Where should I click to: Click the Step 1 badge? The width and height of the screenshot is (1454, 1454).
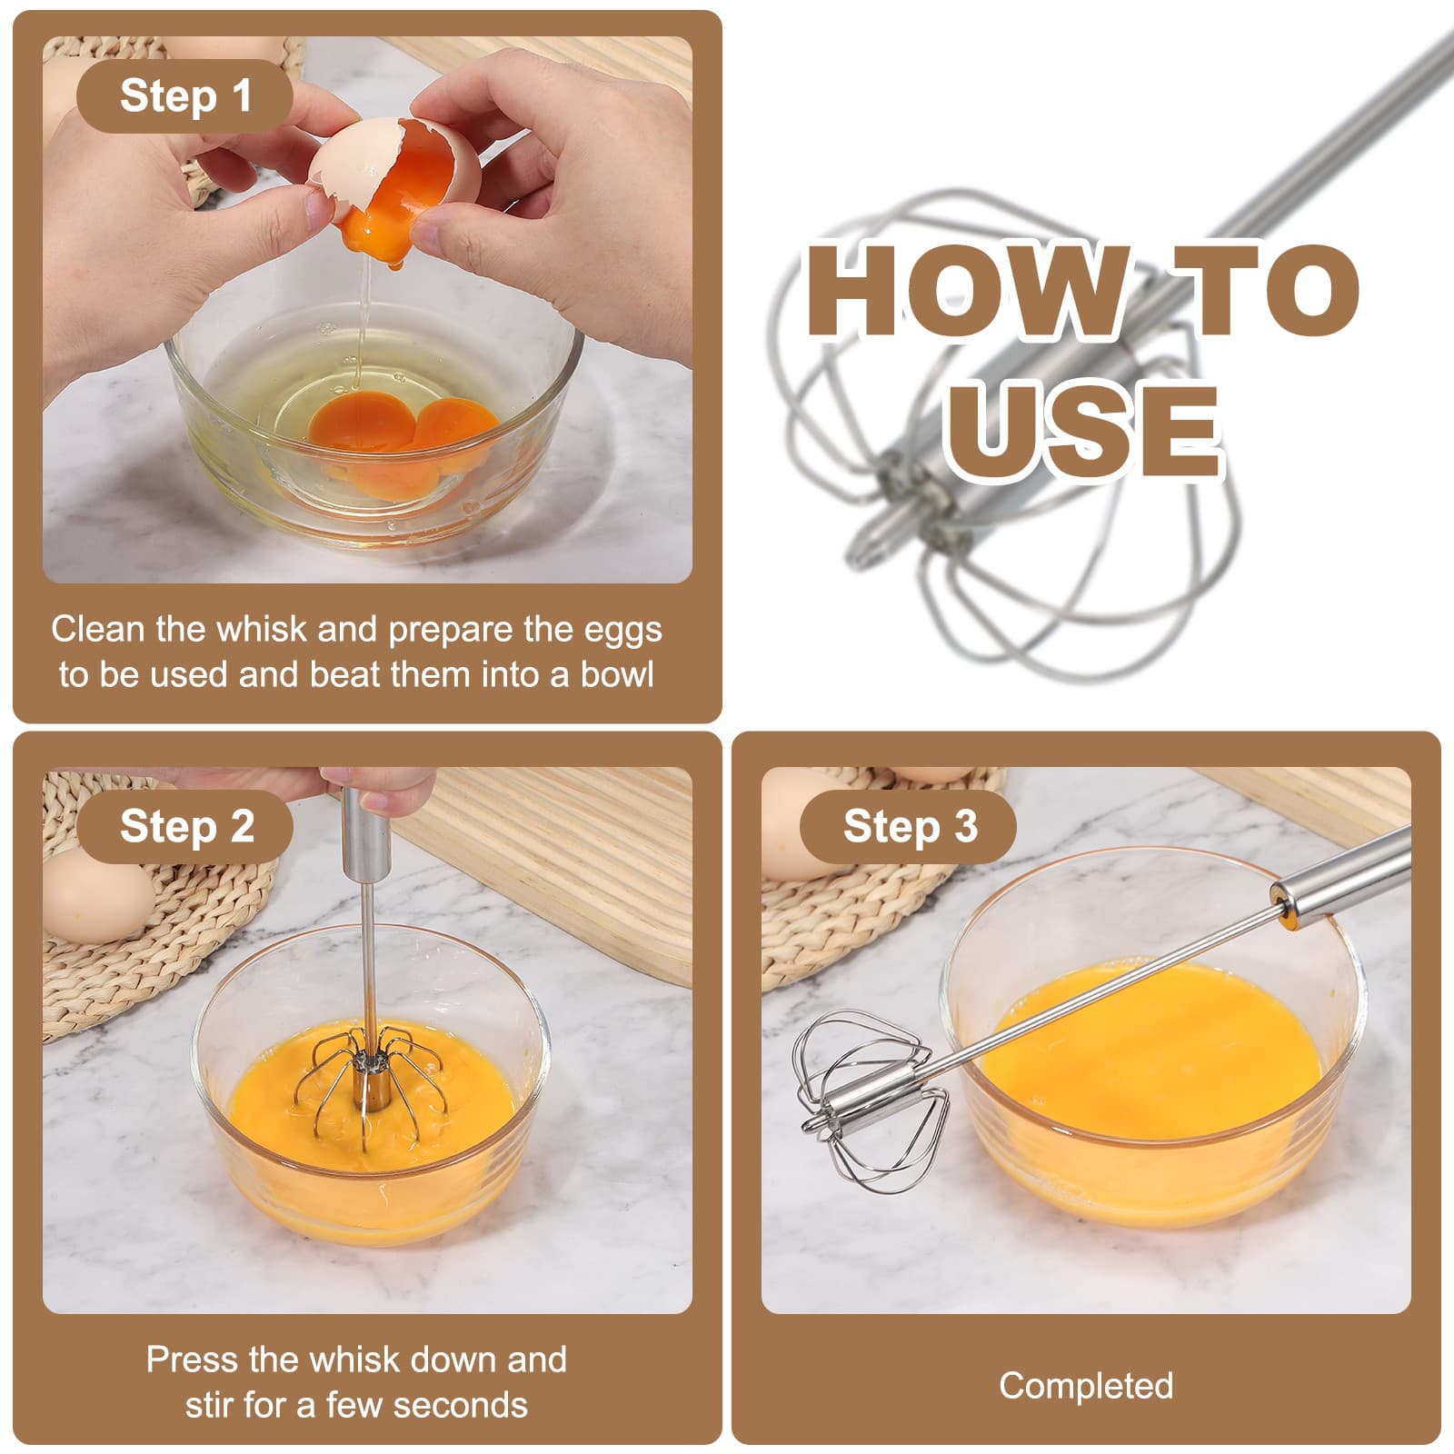point(184,96)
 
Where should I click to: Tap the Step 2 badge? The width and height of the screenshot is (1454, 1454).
point(186,827)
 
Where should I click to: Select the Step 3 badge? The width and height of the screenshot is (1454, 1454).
point(909,827)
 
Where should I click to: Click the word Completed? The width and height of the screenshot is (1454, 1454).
point(1086,1386)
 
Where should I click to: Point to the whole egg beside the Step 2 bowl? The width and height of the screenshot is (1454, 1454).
point(95,895)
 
